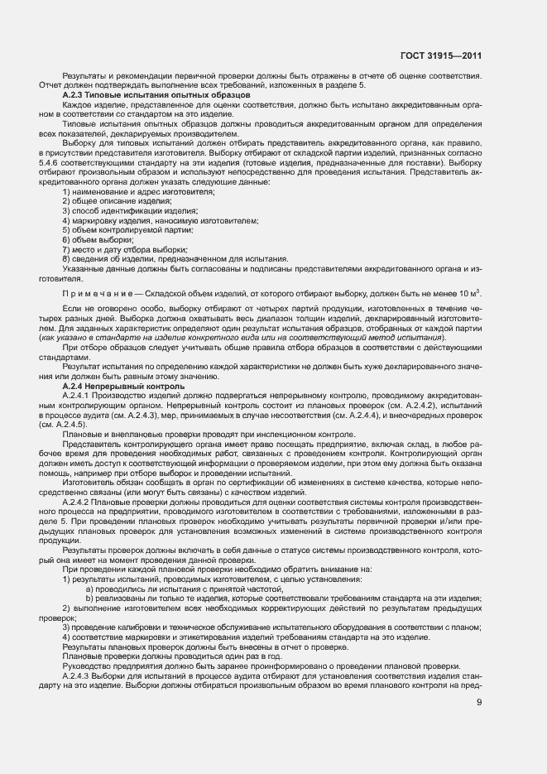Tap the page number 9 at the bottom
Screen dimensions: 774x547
[480, 703]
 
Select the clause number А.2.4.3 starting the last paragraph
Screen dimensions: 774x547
[79, 675]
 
